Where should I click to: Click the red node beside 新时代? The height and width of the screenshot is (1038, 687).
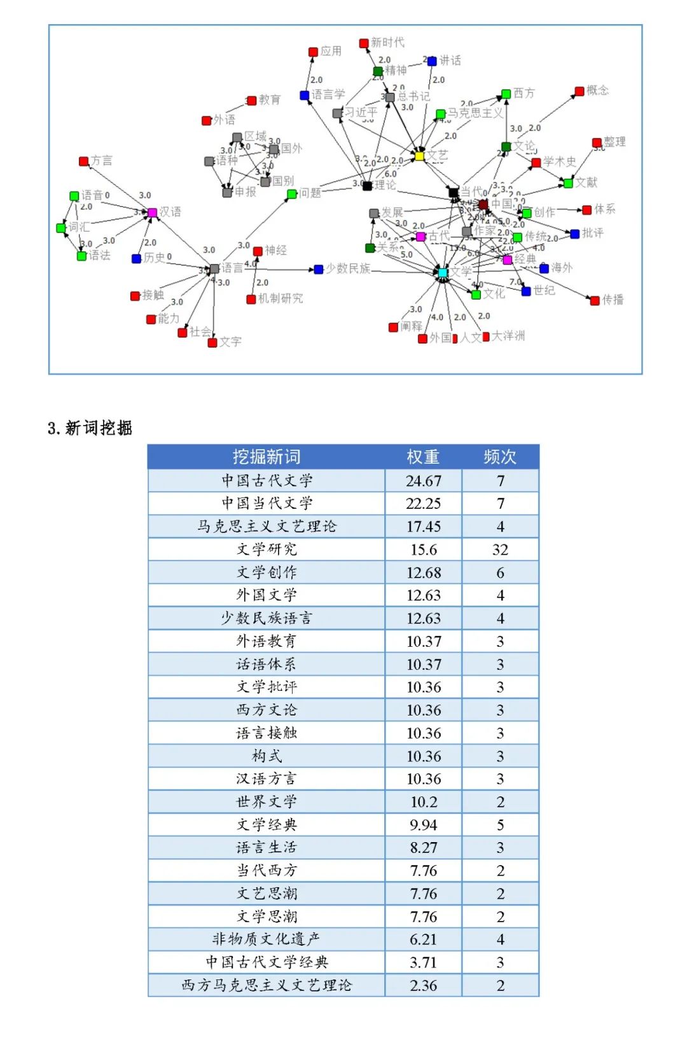coord(364,43)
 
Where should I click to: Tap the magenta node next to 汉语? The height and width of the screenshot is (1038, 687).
coord(152,212)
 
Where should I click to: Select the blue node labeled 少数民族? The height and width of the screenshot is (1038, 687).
coord(319,270)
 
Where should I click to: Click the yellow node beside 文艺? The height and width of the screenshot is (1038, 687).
coord(419,155)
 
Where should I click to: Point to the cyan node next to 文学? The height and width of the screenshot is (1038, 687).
coord(443,272)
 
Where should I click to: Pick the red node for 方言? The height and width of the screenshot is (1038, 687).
coord(84,162)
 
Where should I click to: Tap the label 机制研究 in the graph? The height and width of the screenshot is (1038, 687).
coord(280,298)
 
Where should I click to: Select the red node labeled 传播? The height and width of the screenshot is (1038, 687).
coord(595,300)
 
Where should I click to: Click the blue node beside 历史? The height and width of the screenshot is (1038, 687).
coord(136,258)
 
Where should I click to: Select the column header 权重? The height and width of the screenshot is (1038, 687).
coord(423,457)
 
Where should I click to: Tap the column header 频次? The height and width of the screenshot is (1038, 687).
coord(500,457)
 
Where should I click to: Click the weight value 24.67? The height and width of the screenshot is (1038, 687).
coord(424,481)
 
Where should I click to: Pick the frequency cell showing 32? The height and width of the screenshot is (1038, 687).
coord(500,550)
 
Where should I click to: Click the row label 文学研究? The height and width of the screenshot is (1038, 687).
coord(267,550)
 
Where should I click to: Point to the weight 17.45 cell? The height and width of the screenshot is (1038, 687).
coord(424,527)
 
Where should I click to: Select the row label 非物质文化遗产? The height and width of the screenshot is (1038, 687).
coord(267,939)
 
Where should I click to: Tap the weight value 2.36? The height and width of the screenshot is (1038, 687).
coord(424,985)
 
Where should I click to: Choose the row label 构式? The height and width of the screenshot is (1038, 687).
coord(267,756)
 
